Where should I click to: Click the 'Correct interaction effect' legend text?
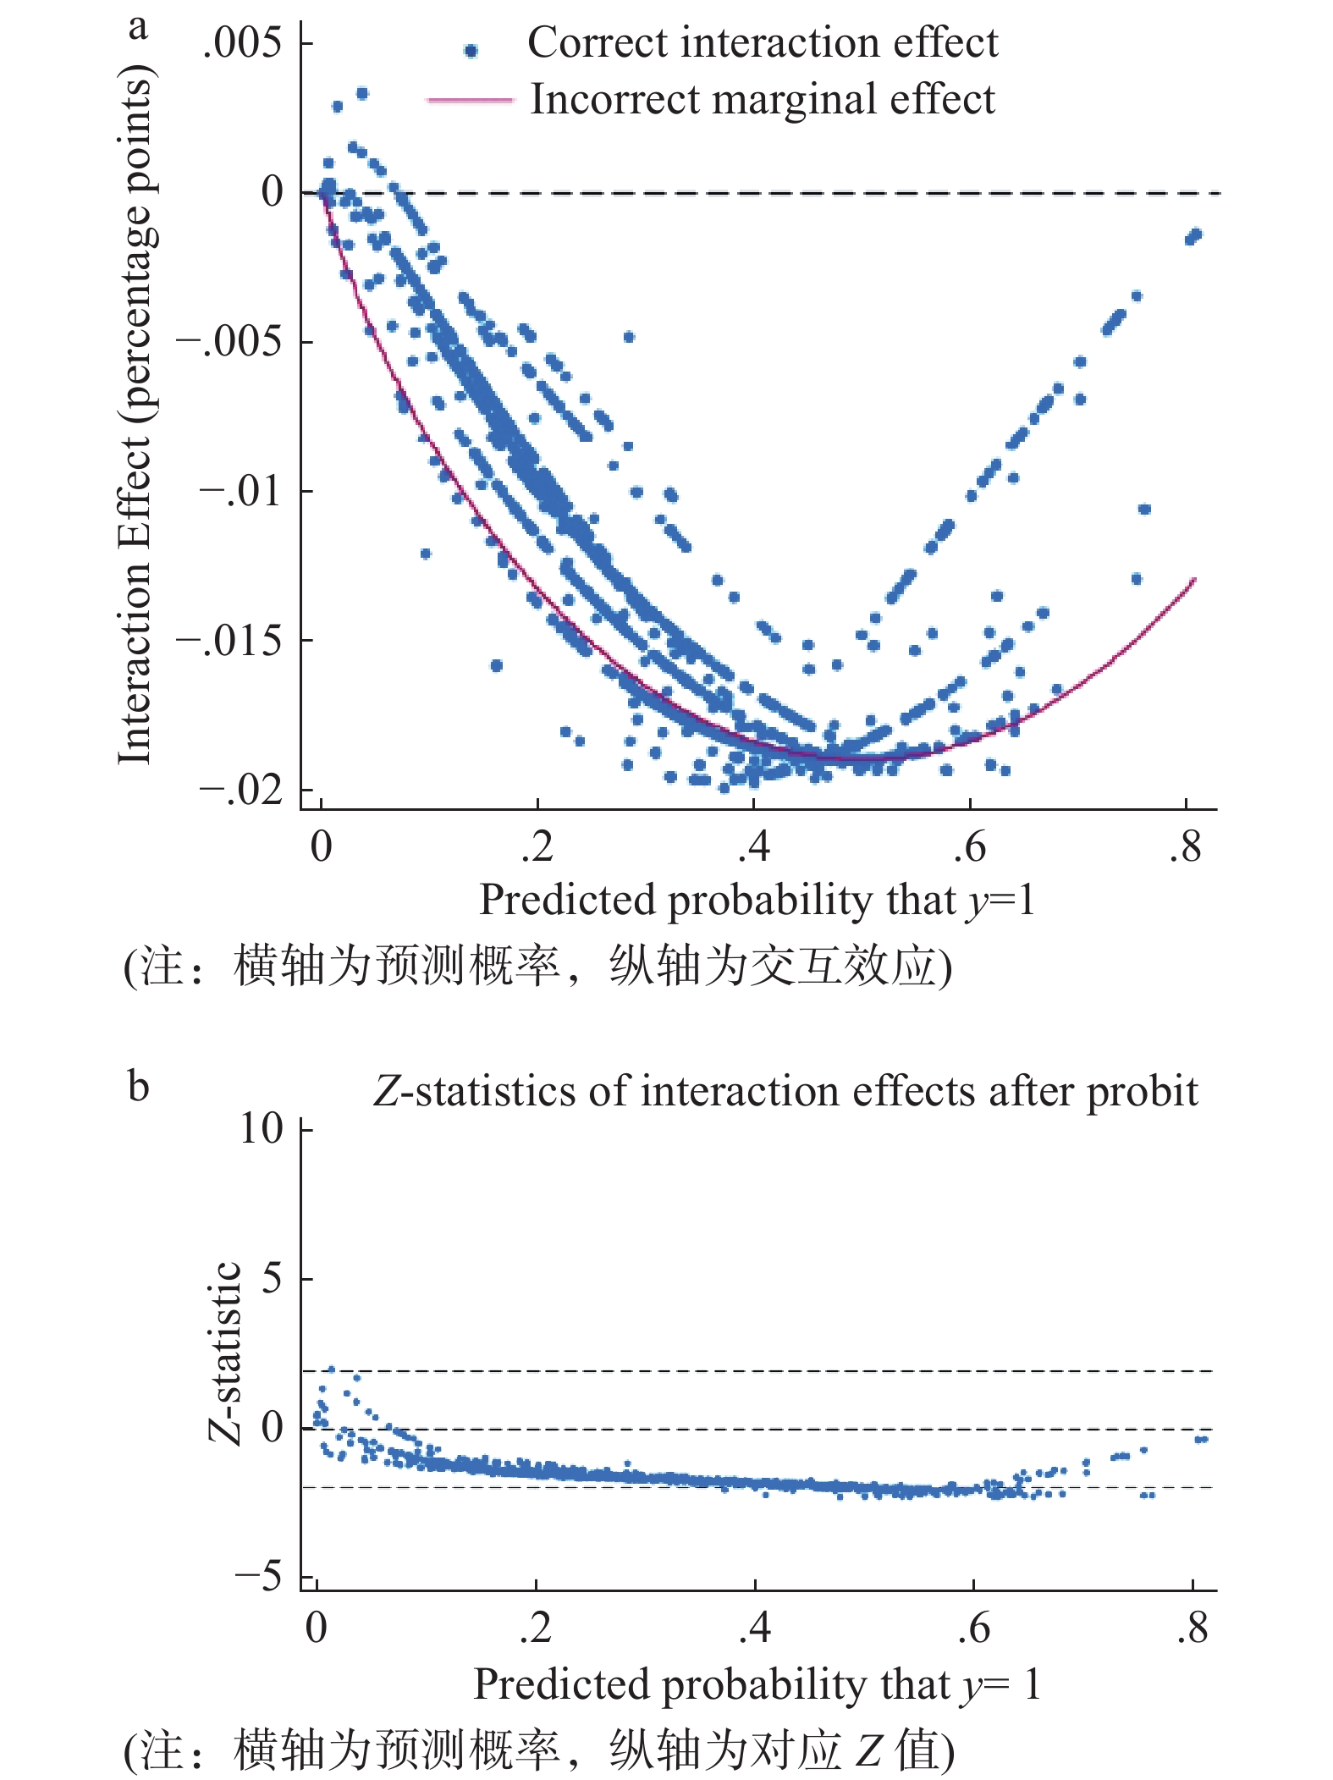click(762, 42)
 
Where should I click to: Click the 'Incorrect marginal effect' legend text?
click(762, 99)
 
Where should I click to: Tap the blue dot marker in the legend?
click(471, 51)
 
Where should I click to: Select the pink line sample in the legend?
click(471, 100)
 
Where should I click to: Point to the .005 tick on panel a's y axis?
click(242, 42)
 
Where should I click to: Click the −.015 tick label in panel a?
click(229, 641)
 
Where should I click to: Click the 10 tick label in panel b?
click(261, 1128)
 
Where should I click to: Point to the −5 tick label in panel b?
click(258, 1576)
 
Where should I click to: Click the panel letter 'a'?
click(138, 27)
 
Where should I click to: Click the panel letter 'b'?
click(138, 1086)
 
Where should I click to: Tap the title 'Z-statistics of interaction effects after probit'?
click(785, 1091)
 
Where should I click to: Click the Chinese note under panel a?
click(538, 966)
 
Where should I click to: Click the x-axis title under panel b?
click(756, 1684)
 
